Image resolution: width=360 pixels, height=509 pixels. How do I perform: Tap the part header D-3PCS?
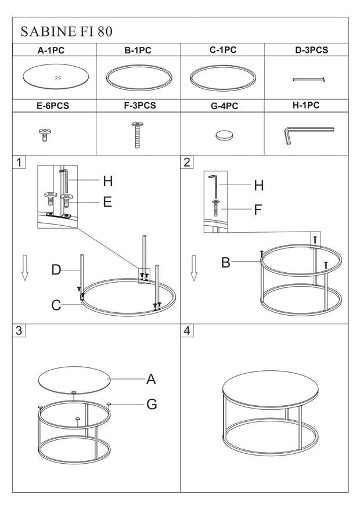click(x=311, y=50)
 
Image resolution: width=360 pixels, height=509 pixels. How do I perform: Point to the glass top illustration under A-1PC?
click(x=54, y=77)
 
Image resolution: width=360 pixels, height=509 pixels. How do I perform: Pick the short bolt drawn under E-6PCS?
click(x=43, y=135)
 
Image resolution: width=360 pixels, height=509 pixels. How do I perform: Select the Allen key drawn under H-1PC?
click(x=305, y=134)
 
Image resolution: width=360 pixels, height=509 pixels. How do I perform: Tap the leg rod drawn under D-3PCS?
click(x=308, y=80)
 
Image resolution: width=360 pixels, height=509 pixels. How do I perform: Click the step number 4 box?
click(x=187, y=330)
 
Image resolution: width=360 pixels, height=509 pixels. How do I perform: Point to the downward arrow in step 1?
click(x=24, y=268)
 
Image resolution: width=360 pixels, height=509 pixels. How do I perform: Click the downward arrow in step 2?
click(x=194, y=268)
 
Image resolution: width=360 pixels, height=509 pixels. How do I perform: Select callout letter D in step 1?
click(x=56, y=270)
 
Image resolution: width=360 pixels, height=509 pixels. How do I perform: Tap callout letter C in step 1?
click(x=56, y=305)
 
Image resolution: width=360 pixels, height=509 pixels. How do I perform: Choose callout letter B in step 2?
click(x=226, y=263)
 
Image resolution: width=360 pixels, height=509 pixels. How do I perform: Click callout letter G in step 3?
click(x=151, y=404)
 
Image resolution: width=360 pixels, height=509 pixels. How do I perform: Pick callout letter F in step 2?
click(x=258, y=210)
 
